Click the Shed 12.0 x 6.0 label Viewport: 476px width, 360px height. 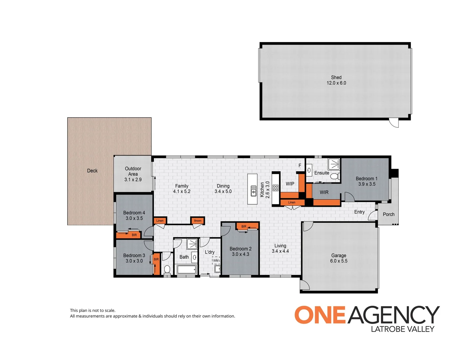click(336, 80)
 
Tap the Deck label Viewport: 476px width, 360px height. click(92, 171)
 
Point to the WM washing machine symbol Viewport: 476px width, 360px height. click(216, 260)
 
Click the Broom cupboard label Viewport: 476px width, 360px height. click(198, 221)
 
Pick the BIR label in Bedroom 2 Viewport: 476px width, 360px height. click(244, 227)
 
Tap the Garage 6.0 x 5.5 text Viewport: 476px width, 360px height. click(338, 258)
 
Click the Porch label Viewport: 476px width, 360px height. click(388, 214)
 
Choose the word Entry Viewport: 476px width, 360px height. click(359, 212)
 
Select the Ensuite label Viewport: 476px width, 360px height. click(321, 173)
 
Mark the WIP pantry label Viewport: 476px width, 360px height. click(290, 184)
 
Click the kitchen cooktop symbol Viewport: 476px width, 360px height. click(275, 188)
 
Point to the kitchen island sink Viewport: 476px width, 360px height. click(253, 191)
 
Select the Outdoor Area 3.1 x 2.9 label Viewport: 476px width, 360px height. click(133, 174)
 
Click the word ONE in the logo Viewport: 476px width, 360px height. click(320, 315)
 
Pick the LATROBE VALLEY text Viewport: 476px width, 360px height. click(402, 329)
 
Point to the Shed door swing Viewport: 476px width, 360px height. click(394, 123)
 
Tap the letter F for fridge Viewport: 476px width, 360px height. click(300, 166)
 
